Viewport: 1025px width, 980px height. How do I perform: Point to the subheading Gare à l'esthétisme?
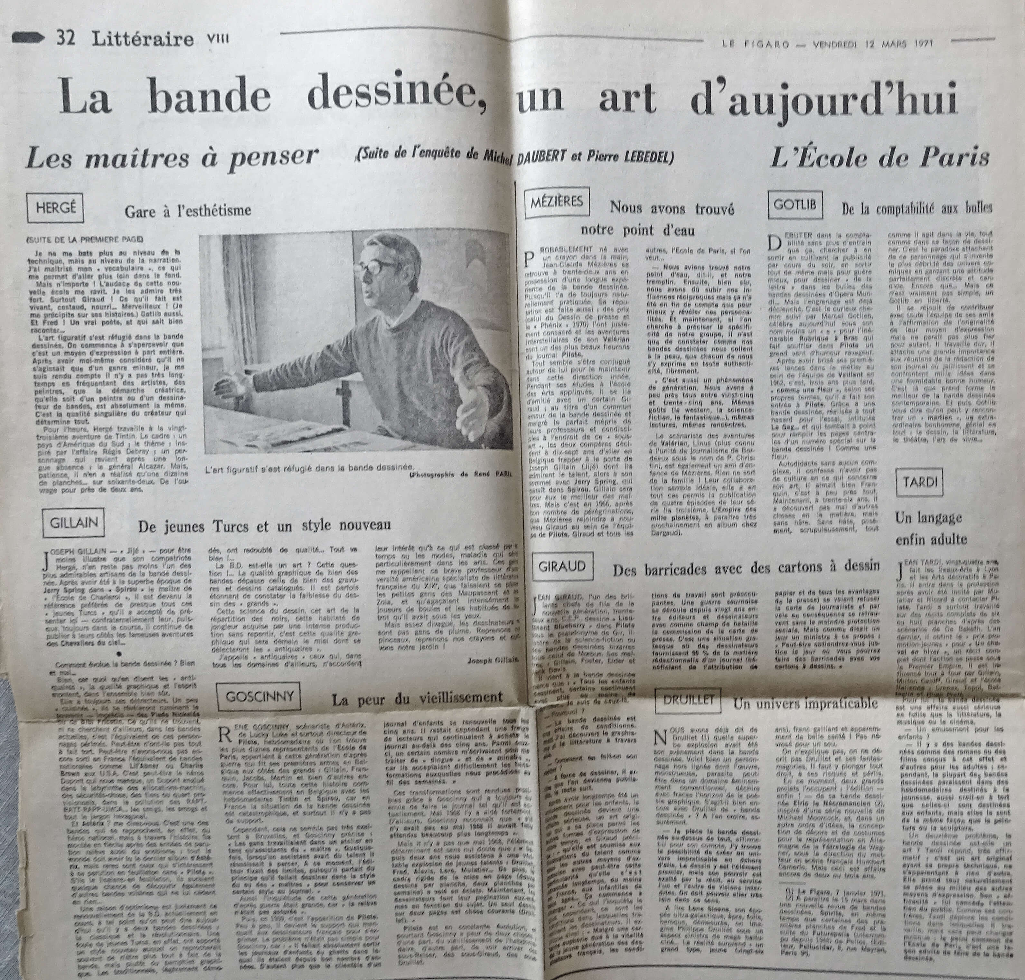[188, 211]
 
